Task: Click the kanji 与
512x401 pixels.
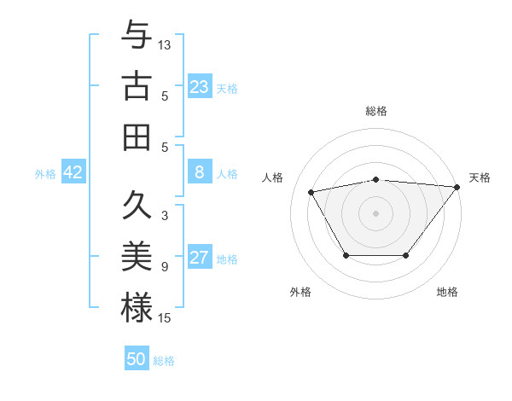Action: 137,36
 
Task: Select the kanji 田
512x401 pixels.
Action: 137,137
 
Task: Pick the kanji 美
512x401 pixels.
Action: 137,257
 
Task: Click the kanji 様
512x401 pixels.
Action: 137,307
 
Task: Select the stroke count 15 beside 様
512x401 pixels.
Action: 165,318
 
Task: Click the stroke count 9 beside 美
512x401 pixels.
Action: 165,267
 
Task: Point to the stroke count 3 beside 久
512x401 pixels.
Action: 165,216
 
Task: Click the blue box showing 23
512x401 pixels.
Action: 200,87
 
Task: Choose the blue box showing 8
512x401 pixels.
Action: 200,172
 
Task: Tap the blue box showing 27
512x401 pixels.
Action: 200,258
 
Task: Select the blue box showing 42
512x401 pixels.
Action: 73,172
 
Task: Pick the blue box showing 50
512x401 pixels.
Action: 137,359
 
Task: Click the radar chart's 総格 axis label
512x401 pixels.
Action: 375,111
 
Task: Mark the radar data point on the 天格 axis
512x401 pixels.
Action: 457,187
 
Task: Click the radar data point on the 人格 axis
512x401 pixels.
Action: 311,191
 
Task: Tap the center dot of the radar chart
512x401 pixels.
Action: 375,212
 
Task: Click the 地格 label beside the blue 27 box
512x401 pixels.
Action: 228,259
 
